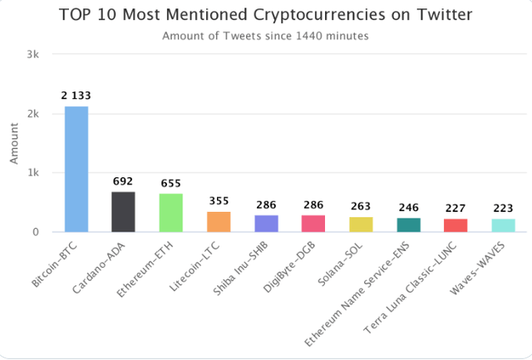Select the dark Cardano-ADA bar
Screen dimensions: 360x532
(x=124, y=212)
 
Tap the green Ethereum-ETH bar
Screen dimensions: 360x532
(x=171, y=213)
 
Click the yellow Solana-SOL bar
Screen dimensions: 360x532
(x=361, y=224)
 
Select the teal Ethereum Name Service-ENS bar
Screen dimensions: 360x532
(x=408, y=224)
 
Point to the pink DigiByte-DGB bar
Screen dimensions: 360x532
(x=313, y=224)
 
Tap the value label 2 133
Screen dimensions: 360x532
(x=76, y=96)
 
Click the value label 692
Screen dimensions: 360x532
(x=124, y=180)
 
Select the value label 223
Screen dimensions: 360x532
(x=503, y=208)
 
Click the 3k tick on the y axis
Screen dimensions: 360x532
(x=33, y=54)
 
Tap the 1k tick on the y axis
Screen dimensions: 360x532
(x=33, y=173)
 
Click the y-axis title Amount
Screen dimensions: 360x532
(x=14, y=144)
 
